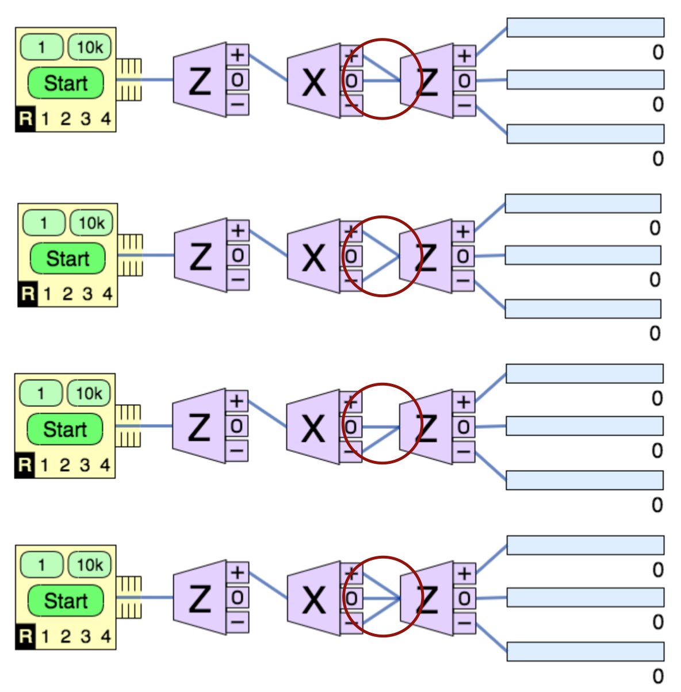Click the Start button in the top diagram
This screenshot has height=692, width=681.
tap(66, 83)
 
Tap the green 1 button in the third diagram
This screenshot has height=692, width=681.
tap(40, 394)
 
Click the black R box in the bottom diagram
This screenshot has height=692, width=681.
tap(25, 636)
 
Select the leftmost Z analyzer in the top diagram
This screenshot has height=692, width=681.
tap(200, 80)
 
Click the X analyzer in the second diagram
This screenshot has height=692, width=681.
tap(313, 256)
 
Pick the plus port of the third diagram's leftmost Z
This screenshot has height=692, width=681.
tap(236, 401)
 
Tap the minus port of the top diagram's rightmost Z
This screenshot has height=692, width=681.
tap(465, 106)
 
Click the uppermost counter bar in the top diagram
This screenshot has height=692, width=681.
tap(585, 28)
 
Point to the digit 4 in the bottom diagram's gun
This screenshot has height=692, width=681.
tap(105, 636)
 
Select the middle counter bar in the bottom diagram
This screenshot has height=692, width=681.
tap(585, 597)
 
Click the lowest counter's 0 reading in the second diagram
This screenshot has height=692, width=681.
tap(655, 333)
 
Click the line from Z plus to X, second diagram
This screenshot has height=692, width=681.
tap(268, 244)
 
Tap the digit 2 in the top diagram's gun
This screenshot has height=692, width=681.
tap(66, 120)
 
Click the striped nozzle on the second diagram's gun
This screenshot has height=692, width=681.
tap(130, 256)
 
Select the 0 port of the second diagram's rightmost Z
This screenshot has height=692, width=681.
tap(463, 256)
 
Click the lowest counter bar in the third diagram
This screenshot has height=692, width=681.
tap(584, 480)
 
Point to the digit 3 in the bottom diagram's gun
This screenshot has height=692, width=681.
tap(85, 636)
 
